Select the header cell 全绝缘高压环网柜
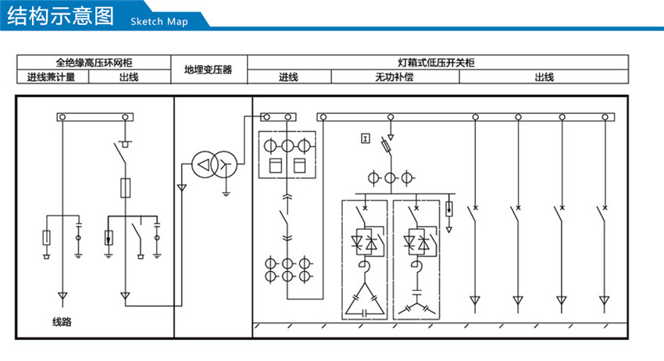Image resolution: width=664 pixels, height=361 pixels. coord(94,63)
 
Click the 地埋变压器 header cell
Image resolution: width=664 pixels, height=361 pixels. coord(209,70)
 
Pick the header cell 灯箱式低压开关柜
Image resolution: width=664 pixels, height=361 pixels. coord(437,63)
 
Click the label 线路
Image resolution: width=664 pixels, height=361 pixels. coord(62,321)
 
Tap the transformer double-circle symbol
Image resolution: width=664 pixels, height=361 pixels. coord(213,164)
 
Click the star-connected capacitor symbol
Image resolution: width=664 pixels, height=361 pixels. coord(416,306)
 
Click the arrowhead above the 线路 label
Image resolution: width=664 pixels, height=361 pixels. coord(62,298)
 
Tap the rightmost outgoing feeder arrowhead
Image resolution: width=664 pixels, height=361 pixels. coord(603,300)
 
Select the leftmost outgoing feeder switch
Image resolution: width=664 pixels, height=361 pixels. coord(472,213)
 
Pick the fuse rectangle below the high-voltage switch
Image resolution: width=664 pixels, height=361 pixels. coord(124,187)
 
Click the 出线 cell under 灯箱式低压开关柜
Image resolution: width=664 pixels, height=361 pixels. coord(544,77)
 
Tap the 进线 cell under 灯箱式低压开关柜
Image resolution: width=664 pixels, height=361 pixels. coord(289,77)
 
